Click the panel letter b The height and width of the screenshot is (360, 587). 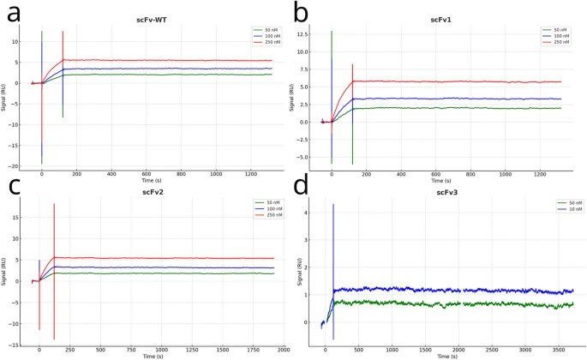point(301,12)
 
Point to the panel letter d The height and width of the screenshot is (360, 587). point(302,185)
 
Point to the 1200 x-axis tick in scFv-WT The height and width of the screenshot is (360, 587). point(253,175)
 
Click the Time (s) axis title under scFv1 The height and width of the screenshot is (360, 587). point(440,181)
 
